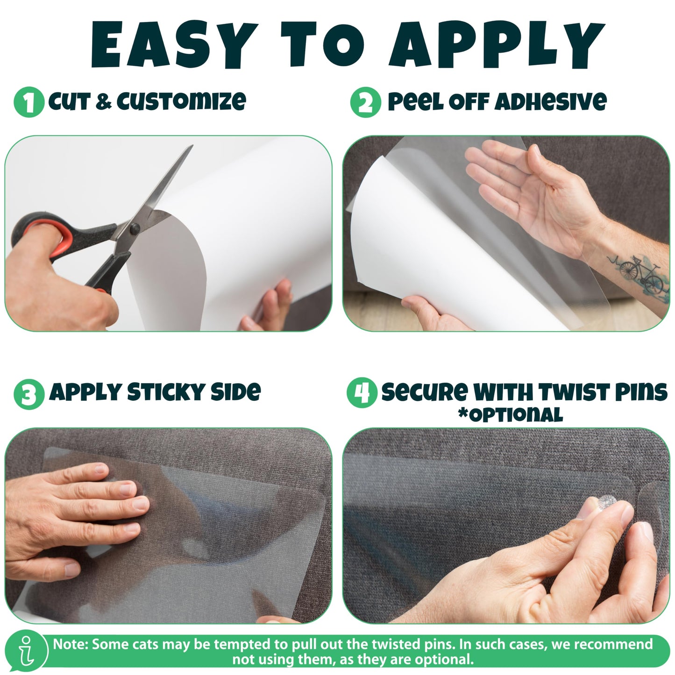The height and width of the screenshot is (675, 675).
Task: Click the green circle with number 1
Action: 28,102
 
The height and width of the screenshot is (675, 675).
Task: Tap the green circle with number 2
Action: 365,102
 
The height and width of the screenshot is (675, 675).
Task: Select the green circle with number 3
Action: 29,394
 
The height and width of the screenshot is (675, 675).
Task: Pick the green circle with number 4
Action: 362,393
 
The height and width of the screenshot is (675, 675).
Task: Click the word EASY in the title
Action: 173,44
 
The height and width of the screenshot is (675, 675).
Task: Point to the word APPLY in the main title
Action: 497,44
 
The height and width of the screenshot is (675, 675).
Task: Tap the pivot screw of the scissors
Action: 135,229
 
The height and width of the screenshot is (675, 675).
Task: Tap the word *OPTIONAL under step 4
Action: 511,415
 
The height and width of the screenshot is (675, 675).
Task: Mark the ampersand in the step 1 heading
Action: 103,102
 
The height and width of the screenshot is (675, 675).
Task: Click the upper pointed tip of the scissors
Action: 192,145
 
